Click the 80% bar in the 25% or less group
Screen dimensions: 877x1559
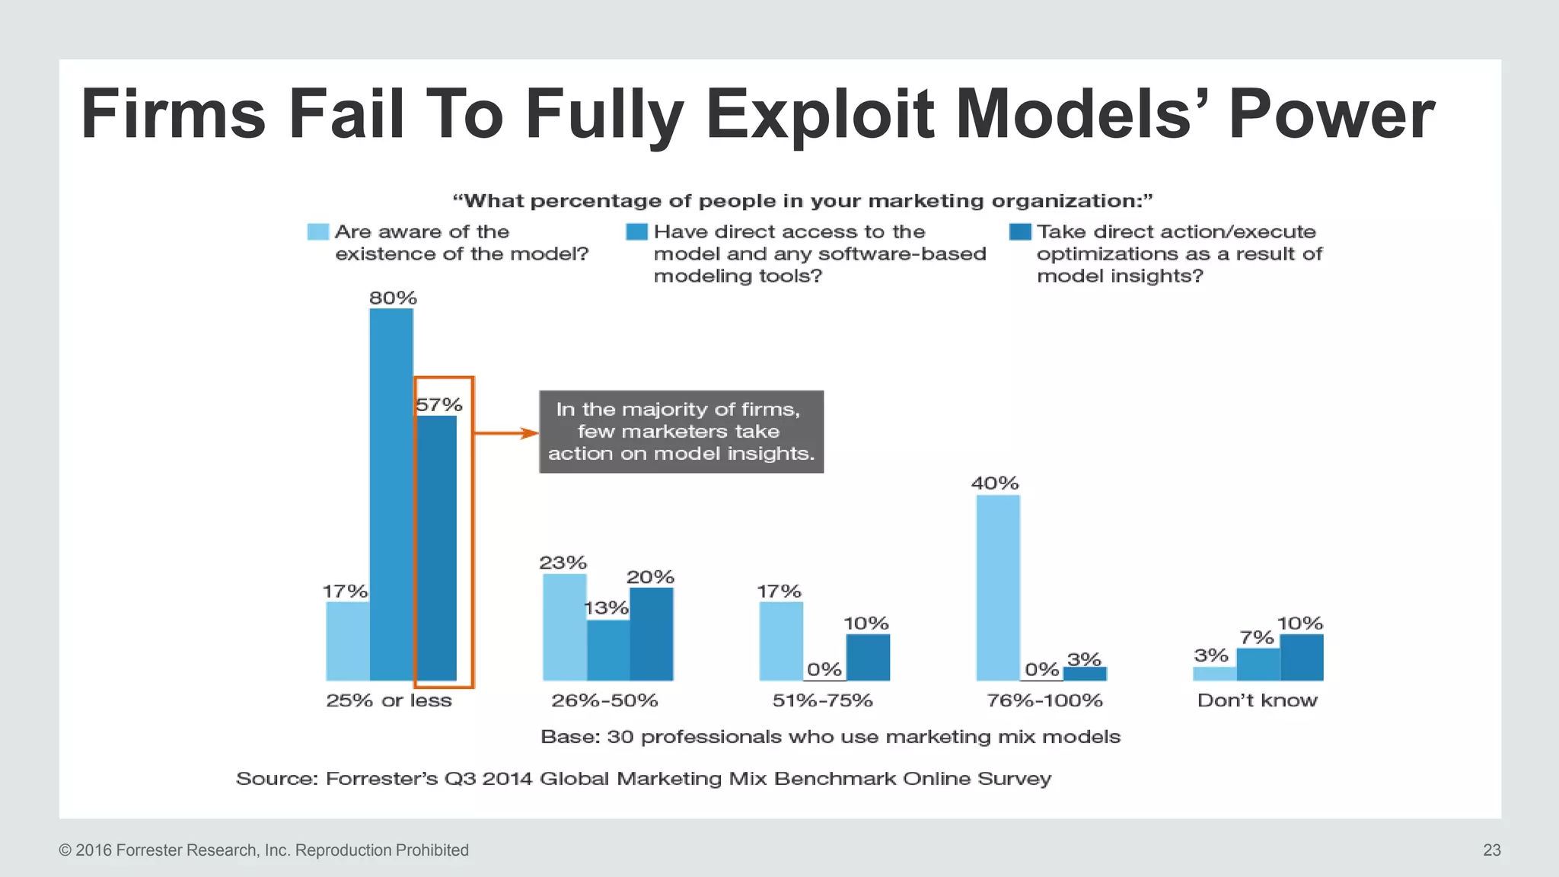click(391, 495)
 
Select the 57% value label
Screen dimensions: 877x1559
click(439, 405)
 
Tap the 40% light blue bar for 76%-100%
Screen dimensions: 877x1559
click(998, 588)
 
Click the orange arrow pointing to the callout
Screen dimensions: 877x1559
click(506, 433)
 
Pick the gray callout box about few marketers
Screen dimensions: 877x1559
click(681, 432)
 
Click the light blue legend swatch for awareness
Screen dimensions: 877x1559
click(317, 231)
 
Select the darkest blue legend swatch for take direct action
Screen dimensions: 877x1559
click(1020, 231)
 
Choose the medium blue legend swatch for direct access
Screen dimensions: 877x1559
click(636, 231)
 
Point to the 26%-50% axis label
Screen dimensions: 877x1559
click(604, 700)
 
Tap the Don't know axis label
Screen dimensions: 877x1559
click(1257, 700)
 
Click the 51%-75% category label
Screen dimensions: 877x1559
click(822, 700)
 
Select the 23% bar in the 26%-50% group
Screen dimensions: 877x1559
click(564, 627)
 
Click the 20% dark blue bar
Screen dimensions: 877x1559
click(652, 634)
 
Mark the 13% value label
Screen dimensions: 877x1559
click(607, 608)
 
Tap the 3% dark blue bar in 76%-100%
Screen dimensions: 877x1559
click(1085, 674)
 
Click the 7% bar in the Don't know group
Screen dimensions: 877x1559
click(1258, 665)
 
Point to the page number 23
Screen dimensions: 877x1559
click(1491, 850)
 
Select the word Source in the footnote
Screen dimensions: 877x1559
click(276, 779)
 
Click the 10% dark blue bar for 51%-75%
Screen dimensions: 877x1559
click(868, 658)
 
